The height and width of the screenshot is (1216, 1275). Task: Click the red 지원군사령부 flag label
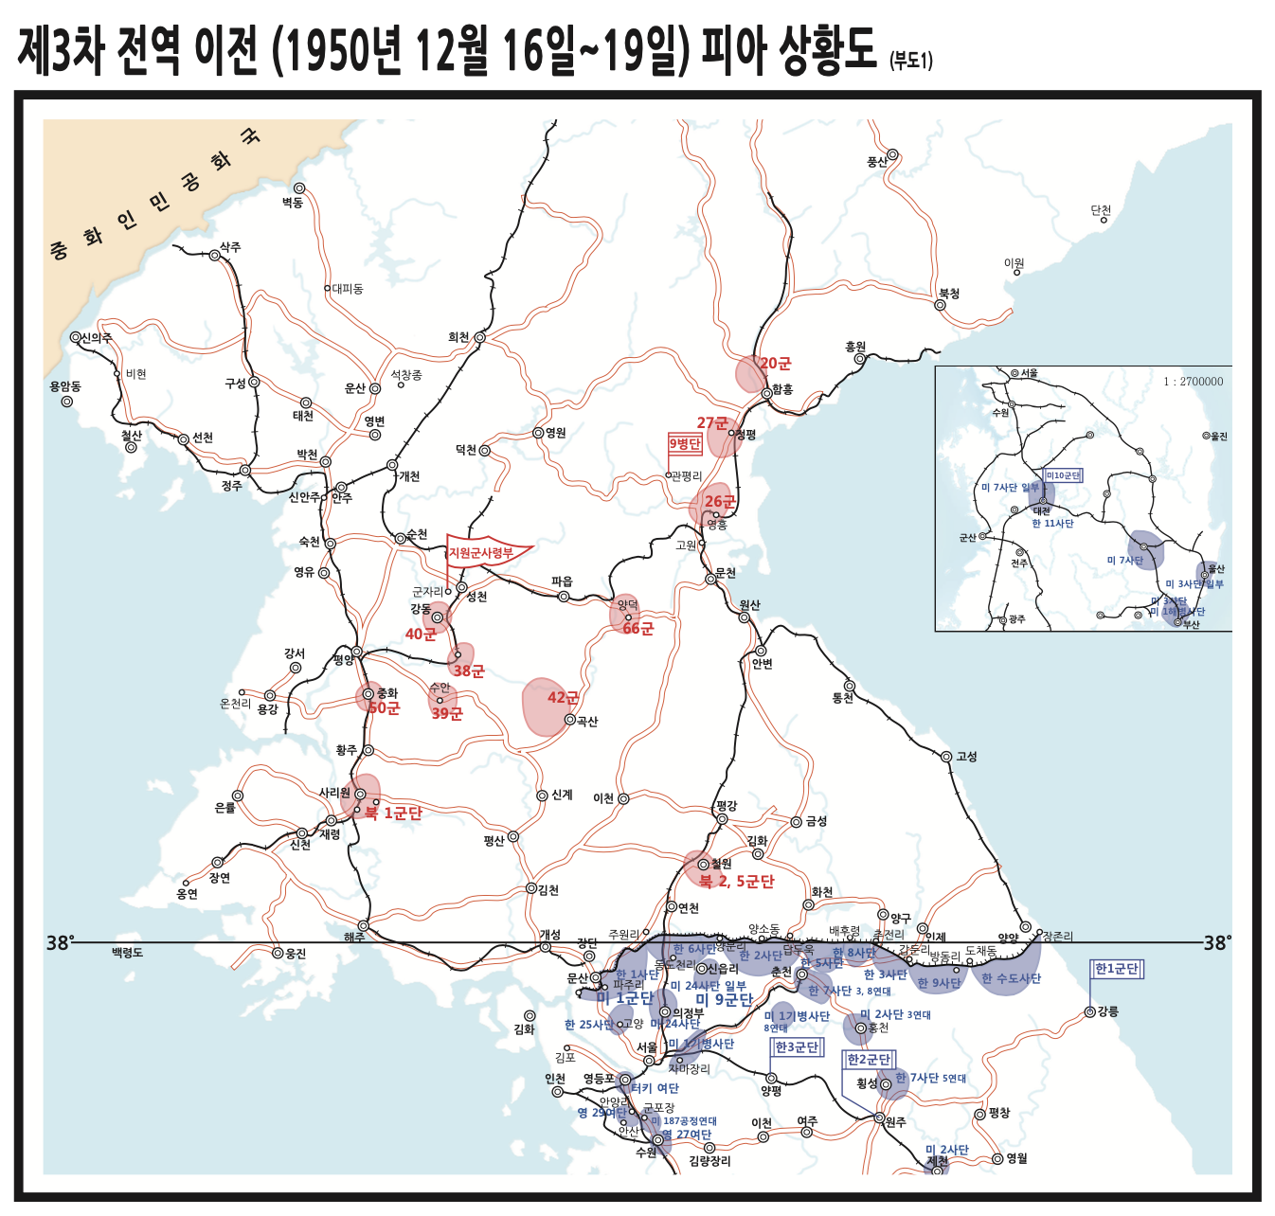point(481,552)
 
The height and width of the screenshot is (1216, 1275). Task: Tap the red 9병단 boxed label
point(685,444)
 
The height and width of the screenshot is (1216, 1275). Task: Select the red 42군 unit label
point(563,698)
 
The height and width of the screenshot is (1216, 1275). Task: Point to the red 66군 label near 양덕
point(637,629)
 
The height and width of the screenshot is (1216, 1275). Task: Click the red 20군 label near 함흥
point(775,364)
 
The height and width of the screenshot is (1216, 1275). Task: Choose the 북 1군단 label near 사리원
point(393,813)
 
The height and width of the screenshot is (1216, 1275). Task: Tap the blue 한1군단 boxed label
point(1117,969)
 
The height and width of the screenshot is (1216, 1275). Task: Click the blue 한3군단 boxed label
point(797,1047)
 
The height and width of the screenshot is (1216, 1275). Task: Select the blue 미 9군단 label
point(724,999)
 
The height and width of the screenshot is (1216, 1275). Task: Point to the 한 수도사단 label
point(1011,978)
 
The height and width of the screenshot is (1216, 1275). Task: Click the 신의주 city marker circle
point(76,337)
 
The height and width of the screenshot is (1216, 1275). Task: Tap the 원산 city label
point(749,604)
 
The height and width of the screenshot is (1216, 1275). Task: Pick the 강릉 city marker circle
point(1089,1012)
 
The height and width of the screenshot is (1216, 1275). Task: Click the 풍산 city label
point(877,162)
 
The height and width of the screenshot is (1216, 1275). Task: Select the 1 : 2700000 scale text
point(1193,382)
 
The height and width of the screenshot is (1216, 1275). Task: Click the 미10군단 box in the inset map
point(1063,475)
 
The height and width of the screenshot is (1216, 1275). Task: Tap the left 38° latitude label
point(60,942)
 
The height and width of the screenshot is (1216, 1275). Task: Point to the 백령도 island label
point(127,952)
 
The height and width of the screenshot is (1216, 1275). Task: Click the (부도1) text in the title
point(910,62)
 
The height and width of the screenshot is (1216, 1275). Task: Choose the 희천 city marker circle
point(480,337)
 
